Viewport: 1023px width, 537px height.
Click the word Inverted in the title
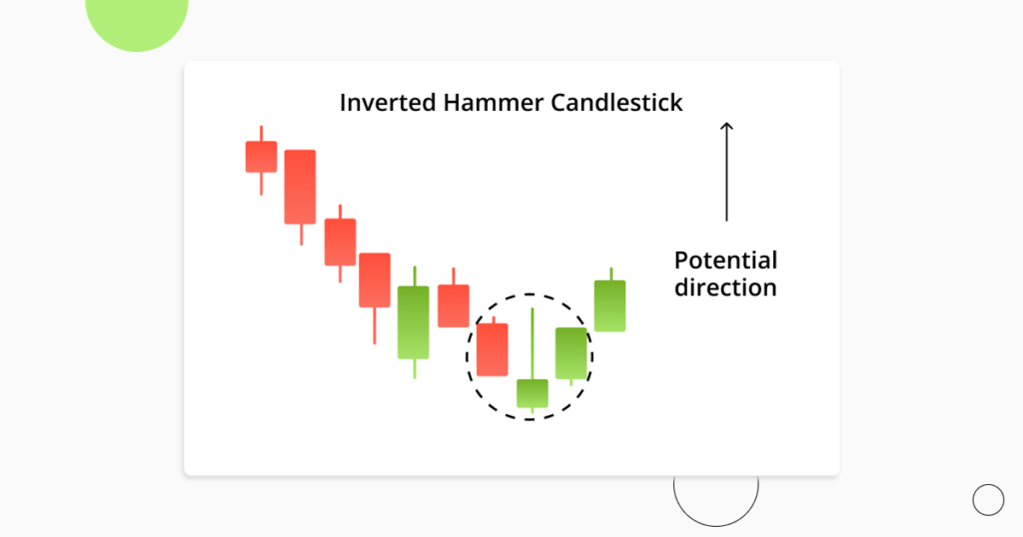[x=384, y=103]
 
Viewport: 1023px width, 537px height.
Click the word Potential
[x=725, y=261]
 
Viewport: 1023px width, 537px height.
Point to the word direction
[x=725, y=287]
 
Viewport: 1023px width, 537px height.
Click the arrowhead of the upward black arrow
[x=726, y=127]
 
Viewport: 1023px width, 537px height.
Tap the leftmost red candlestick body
[x=261, y=157]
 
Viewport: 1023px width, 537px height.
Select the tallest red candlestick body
[x=300, y=187]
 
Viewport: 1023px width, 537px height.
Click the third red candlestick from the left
[x=340, y=242]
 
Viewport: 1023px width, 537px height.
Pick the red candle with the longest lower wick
[x=375, y=279]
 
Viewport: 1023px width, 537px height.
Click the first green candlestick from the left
[x=414, y=321]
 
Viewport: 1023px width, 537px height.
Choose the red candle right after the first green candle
[x=454, y=305]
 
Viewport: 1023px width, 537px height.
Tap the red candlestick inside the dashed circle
[x=493, y=349]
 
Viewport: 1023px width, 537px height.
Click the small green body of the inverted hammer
[x=532, y=393]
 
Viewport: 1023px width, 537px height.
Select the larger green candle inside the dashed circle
[x=571, y=353]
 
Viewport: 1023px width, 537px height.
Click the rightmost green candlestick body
[x=610, y=305]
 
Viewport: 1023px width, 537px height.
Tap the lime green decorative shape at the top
[x=137, y=20]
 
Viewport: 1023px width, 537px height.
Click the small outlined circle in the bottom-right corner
[x=988, y=499]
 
